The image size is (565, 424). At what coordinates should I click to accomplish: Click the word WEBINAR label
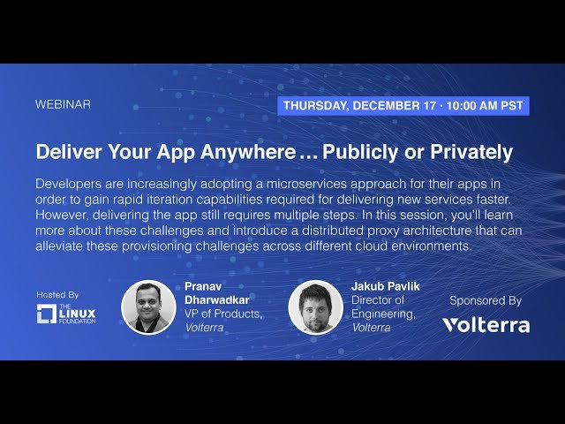[x=63, y=104]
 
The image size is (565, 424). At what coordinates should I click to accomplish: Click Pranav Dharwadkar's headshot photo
[x=148, y=307]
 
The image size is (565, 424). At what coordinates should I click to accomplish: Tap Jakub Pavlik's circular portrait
[x=315, y=307]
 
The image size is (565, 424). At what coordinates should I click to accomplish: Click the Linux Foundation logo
[x=66, y=314]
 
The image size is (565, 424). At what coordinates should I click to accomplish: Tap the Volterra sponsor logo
[x=486, y=325]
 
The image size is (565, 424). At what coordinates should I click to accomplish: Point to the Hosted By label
[x=58, y=294]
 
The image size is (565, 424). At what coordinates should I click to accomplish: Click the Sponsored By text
[x=486, y=300]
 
